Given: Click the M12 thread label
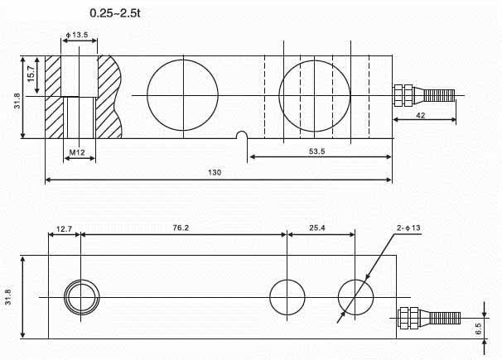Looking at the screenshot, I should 78,152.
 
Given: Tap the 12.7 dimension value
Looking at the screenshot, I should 64,227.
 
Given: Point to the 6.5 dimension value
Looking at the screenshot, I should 490,328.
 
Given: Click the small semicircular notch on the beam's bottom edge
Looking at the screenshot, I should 241,134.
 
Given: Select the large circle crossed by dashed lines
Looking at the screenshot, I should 315,95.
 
